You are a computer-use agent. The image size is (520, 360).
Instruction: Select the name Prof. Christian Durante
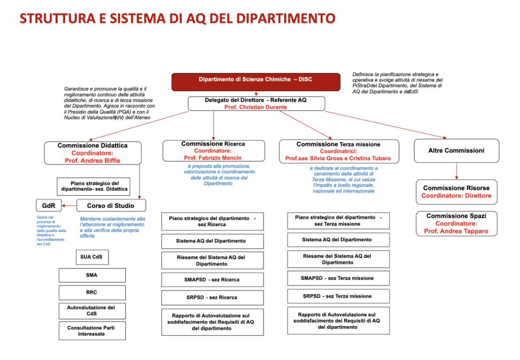coord(255,107)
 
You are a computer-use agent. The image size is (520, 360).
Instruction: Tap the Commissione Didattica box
coord(93,153)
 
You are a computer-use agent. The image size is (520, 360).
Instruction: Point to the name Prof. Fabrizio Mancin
coord(213,158)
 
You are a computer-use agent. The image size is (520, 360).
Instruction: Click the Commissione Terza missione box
coord(338,151)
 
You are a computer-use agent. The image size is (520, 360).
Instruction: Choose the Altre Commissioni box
coord(456,151)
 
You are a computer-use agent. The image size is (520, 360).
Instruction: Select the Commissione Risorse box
coord(456,192)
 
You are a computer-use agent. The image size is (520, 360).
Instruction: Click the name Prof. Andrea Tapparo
coord(456,231)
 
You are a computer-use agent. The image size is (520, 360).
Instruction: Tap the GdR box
coord(49,205)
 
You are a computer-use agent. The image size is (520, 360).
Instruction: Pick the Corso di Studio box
coord(111,205)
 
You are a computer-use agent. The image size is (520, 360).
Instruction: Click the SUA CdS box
coord(91,257)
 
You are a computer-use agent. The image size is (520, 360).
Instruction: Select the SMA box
coord(92,275)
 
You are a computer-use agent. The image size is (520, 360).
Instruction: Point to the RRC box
coord(92,292)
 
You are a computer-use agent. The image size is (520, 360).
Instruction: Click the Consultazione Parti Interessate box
coord(92,331)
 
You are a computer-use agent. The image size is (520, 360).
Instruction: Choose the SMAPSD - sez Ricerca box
coord(212,280)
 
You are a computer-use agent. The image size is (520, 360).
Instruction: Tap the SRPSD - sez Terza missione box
coord(338,296)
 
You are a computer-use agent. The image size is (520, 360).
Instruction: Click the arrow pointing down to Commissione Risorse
coord(456,171)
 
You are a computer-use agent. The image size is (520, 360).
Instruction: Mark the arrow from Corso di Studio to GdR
coord(69,205)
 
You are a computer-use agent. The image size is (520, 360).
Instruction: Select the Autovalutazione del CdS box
coord(92,311)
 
